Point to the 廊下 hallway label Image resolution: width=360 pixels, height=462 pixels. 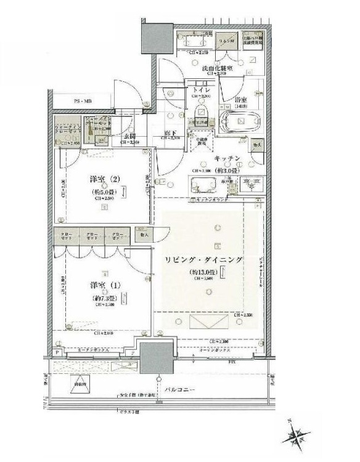[x=171, y=134]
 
